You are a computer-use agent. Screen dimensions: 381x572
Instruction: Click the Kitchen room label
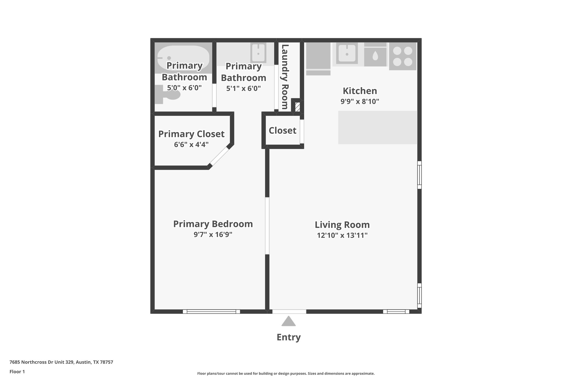click(x=360, y=91)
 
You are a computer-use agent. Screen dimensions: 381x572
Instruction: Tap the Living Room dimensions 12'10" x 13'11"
click(x=342, y=235)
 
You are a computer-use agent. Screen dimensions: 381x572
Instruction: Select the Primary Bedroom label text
click(x=213, y=224)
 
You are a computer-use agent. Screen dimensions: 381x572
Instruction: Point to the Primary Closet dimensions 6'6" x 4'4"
click(x=191, y=145)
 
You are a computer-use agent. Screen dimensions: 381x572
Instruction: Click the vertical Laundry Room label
click(x=285, y=77)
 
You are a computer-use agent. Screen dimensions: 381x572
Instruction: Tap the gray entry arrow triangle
click(x=289, y=322)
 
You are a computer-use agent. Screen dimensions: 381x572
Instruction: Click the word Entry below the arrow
click(x=289, y=337)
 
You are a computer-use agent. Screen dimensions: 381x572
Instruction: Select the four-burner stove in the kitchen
click(x=402, y=56)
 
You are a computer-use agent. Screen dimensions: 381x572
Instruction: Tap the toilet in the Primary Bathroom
click(x=168, y=94)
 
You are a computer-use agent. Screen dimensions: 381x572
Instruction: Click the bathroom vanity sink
click(x=258, y=53)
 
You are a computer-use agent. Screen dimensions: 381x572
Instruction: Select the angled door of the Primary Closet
click(x=219, y=157)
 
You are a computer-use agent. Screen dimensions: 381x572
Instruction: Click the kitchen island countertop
click(x=377, y=128)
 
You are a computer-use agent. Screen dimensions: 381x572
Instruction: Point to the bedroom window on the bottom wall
click(x=211, y=311)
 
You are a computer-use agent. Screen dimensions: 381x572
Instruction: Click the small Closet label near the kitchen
click(x=282, y=131)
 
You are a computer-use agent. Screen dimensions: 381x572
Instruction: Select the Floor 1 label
click(x=17, y=372)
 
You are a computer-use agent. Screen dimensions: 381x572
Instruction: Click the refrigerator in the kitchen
click(x=318, y=56)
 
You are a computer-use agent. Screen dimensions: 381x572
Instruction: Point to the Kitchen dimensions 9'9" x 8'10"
click(x=360, y=102)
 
